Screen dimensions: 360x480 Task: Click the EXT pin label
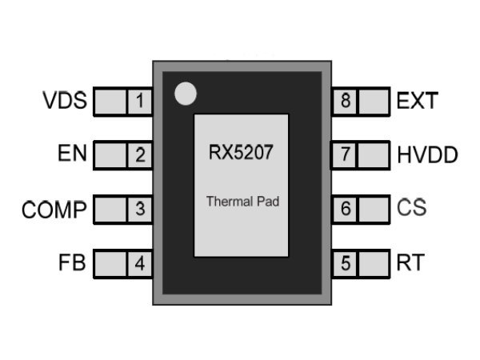click(418, 102)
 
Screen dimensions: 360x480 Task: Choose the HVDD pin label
click(427, 155)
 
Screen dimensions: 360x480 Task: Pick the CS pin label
click(412, 209)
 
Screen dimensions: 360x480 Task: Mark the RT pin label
click(411, 262)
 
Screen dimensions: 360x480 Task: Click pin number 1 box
click(140, 102)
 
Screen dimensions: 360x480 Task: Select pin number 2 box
click(140, 155)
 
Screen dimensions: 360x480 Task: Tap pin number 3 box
click(140, 209)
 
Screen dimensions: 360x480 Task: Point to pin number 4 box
click(140, 262)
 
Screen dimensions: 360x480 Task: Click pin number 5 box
click(346, 262)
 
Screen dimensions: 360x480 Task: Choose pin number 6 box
click(346, 209)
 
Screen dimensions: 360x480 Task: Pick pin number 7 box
click(346, 155)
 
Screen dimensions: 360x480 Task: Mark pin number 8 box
click(346, 102)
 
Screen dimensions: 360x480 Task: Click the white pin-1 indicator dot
click(185, 94)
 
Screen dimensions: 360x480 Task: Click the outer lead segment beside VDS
click(110, 102)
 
